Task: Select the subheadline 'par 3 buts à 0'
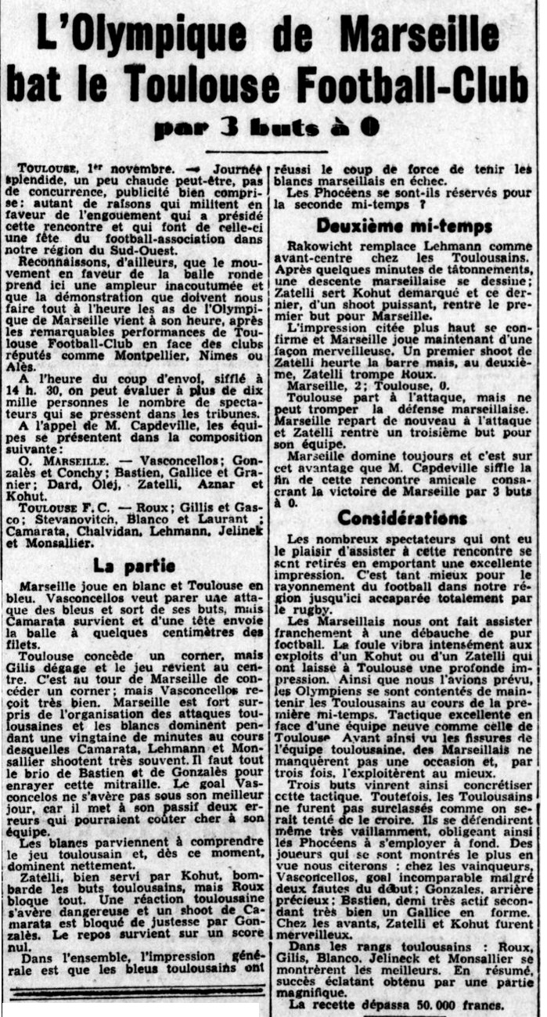(267, 127)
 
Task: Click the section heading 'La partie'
(135, 564)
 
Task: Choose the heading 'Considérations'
(402, 518)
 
